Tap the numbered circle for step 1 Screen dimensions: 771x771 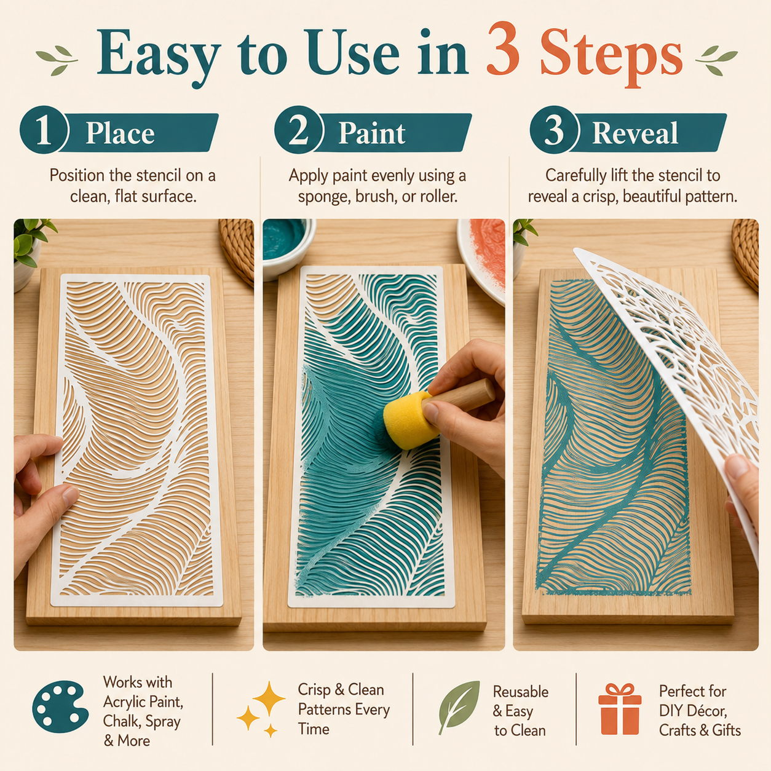tap(44, 130)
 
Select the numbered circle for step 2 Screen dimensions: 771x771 tap(298, 130)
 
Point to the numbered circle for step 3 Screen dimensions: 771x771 tap(554, 130)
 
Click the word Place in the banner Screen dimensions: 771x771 tap(120, 133)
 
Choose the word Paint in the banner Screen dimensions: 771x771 tap(372, 133)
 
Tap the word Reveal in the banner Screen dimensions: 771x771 tap(635, 133)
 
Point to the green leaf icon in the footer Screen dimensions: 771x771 tap(459, 706)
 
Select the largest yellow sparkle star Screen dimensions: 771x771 tap(269, 698)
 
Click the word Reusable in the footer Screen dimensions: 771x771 tap(521, 692)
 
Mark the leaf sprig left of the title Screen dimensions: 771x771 tap(57, 61)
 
